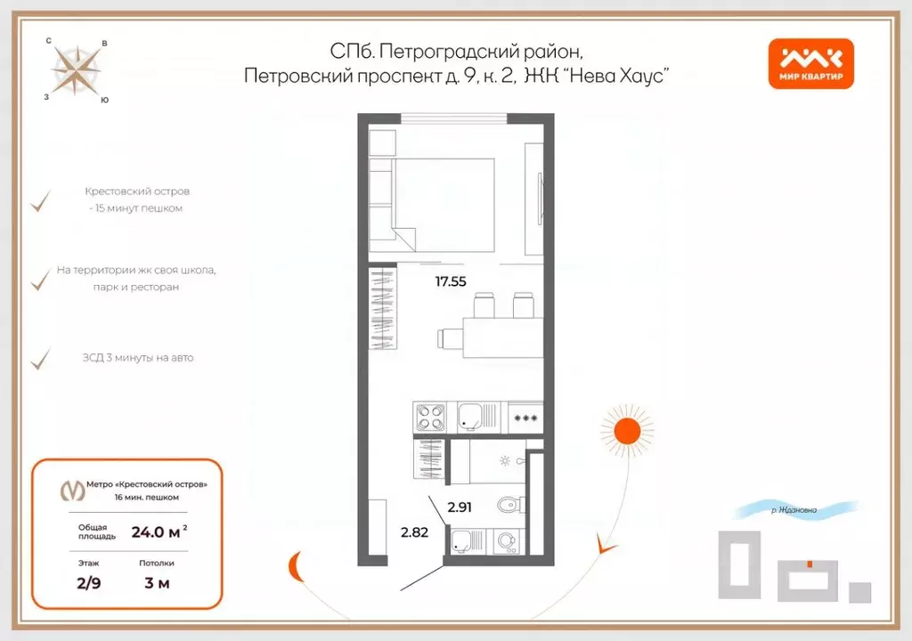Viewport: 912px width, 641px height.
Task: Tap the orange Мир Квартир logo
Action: (810, 65)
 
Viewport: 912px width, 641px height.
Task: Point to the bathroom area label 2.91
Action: (460, 507)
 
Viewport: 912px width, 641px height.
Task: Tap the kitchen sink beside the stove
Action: (470, 416)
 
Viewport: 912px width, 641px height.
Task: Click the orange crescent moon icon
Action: (294, 564)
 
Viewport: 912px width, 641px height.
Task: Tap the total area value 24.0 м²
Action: (159, 532)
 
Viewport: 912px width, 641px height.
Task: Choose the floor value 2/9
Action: (88, 583)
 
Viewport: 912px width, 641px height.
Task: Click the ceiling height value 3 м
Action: (156, 583)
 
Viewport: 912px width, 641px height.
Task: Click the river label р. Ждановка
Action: (794, 510)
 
